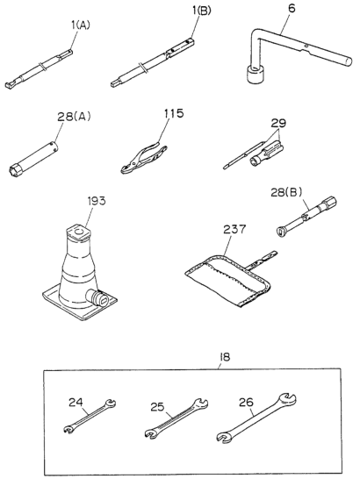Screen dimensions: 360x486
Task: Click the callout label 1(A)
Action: tap(81, 25)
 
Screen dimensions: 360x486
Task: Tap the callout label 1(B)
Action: tap(202, 11)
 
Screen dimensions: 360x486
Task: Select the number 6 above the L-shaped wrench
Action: tap(292, 9)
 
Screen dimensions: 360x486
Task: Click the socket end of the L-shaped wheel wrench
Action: tap(256, 74)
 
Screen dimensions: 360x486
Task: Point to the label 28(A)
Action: tap(74, 116)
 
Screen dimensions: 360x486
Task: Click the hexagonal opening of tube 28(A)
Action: tap(15, 171)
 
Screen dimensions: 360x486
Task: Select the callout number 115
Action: tap(174, 113)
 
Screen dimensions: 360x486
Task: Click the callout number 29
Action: tap(278, 123)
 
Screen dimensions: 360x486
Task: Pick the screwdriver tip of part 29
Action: tap(225, 168)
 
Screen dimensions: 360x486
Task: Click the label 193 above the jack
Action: tap(97, 201)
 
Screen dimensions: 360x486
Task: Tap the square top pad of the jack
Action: tap(78, 232)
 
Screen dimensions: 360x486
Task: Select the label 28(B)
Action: tap(286, 192)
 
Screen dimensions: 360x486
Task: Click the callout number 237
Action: tap(234, 229)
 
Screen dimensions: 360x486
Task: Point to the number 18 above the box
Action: tap(225, 357)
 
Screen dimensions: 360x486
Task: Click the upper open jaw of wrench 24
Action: tap(110, 403)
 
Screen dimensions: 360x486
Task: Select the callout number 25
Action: tap(157, 406)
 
